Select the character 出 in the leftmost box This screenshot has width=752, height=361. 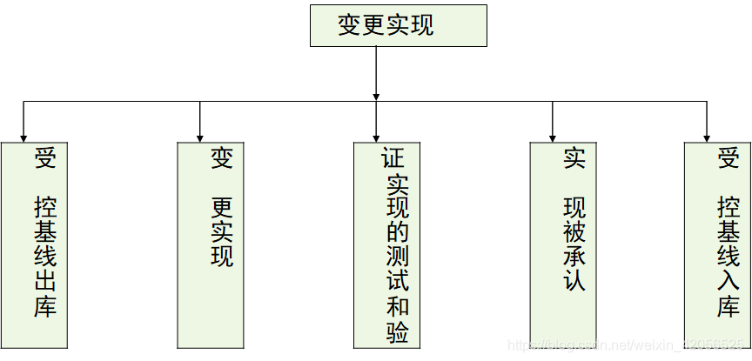pyautogui.click(x=45, y=282)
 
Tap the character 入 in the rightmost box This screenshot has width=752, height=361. pyautogui.click(x=728, y=282)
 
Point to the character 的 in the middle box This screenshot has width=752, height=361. pyautogui.click(x=397, y=232)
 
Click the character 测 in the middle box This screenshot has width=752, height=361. pyautogui.click(x=397, y=257)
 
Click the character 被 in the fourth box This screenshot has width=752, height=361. pyautogui.click(x=574, y=232)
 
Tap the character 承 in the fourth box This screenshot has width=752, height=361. pyautogui.click(x=574, y=257)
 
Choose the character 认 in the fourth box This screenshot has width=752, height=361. pyautogui.click(x=574, y=282)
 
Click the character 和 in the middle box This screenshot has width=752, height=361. pyautogui.click(x=397, y=307)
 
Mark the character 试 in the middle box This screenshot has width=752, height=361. pyautogui.click(x=397, y=282)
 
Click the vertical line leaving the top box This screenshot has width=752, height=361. pyautogui.click(x=376, y=70)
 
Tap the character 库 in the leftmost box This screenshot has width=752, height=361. pyautogui.click(x=45, y=307)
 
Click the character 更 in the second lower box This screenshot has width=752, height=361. pyautogui.click(x=223, y=208)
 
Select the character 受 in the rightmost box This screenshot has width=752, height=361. pyautogui.click(x=728, y=158)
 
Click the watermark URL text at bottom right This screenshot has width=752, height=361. pyautogui.click(x=627, y=346)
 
